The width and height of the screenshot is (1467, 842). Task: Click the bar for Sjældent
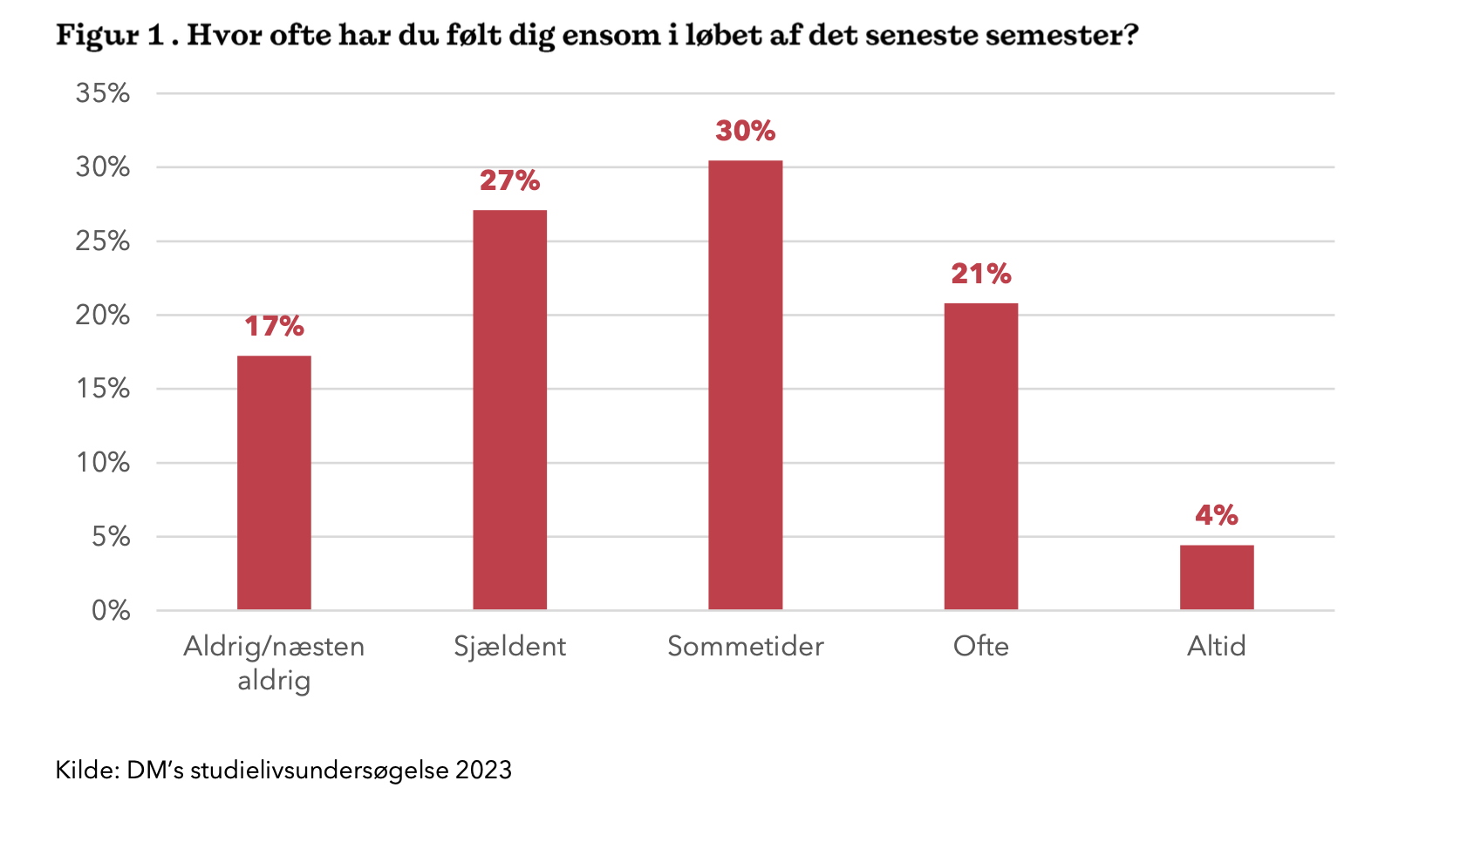coord(509,410)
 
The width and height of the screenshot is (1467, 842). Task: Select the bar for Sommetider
coord(745,385)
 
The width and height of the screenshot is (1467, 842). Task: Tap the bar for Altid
coord(1216,577)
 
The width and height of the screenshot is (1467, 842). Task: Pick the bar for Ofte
coord(980,456)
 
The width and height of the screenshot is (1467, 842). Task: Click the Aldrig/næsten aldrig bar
coord(274,482)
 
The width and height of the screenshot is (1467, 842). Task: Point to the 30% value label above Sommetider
coord(745,131)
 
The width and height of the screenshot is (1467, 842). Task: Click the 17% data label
coord(274,326)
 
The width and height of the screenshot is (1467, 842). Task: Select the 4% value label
coord(1216,515)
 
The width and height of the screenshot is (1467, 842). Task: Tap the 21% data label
coord(980,274)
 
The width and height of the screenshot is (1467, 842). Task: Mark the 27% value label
coord(509,180)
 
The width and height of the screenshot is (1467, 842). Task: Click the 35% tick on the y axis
coord(103,93)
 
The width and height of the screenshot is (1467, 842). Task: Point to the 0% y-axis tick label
coord(111,610)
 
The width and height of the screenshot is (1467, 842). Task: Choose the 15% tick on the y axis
coord(103,389)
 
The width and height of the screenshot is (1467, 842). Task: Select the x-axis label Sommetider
coord(745,646)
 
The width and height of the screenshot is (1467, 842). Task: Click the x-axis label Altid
coord(1216,646)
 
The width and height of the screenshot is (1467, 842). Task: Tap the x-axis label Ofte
coord(980,646)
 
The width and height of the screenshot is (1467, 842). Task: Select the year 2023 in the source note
coord(483,770)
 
